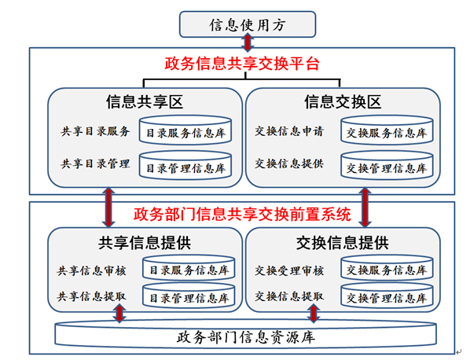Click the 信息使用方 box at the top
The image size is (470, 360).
[x=248, y=24]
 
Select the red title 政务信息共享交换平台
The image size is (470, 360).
[x=242, y=64]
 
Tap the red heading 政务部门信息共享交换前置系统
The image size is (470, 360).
[x=242, y=214]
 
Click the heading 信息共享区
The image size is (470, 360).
[x=145, y=102]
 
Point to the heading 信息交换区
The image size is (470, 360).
[x=343, y=102]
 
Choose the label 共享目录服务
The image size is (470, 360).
[x=95, y=131]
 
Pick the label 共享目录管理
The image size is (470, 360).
[x=95, y=163]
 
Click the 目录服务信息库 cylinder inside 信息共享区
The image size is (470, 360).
[x=185, y=130]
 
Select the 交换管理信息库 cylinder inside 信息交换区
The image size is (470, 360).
[x=387, y=166]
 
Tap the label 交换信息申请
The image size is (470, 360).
[x=289, y=131]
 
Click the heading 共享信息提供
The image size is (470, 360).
[x=145, y=243]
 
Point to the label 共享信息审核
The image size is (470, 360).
[x=91, y=271]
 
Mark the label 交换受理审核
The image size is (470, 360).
[x=289, y=271]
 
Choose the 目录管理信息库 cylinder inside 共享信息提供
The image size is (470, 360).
[x=189, y=296]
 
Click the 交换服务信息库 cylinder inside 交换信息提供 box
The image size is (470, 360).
[x=387, y=268]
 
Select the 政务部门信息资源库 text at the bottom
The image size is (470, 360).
[x=246, y=337]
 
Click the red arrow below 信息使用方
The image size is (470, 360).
[x=248, y=42]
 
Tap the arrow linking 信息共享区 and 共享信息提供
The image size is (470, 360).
[x=108, y=208]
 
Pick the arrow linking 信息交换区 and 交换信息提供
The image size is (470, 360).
[x=365, y=208]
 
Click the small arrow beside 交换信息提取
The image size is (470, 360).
[x=314, y=314]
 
